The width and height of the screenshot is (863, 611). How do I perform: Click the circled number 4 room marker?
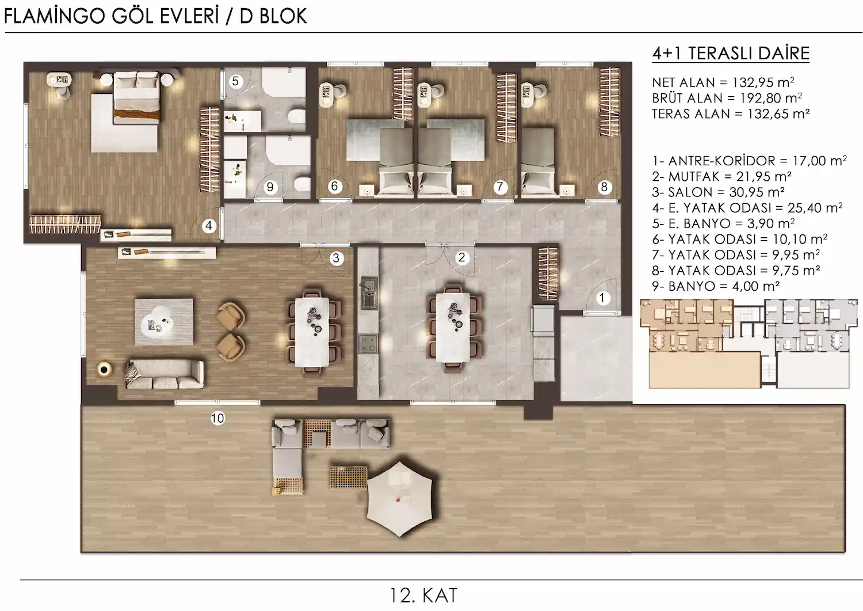(209, 226)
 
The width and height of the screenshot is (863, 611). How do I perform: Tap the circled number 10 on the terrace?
(217, 418)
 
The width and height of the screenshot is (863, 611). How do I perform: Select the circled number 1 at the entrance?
(602, 298)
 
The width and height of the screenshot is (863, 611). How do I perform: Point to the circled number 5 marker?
(235, 81)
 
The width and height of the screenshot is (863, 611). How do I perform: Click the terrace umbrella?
(399, 499)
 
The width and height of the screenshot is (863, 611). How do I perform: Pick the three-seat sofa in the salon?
(164, 374)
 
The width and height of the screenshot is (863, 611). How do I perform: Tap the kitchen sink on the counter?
(369, 294)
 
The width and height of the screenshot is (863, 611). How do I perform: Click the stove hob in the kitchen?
(368, 344)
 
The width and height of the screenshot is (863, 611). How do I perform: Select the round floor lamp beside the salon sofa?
(104, 370)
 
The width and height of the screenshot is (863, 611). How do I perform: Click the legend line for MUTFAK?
(721, 177)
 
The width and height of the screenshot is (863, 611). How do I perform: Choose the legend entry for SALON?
(718, 192)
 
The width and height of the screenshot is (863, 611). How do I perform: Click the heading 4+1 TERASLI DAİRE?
(731, 53)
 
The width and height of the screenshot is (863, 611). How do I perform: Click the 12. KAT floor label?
(423, 595)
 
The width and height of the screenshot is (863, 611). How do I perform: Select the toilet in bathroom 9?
(301, 184)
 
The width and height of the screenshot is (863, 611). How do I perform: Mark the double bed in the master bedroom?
(137, 98)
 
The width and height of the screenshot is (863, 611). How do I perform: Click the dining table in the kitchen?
(453, 328)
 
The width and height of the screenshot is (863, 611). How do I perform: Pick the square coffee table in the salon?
(164, 322)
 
